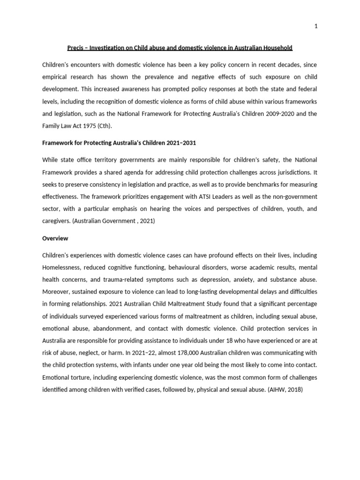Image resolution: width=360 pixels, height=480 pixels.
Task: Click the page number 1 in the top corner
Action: (x=316, y=26)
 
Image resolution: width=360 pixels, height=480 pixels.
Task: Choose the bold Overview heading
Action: (x=55, y=238)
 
